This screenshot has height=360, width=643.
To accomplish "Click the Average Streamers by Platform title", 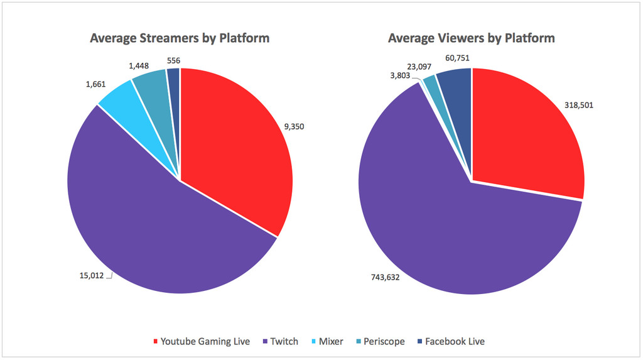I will coord(180,38).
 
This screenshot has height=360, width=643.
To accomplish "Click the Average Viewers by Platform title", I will coord(471,38).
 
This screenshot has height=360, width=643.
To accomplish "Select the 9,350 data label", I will coord(295,126).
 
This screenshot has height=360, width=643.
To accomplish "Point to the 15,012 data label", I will coord(90,274).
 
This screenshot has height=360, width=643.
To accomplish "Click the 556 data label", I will coord(174,61).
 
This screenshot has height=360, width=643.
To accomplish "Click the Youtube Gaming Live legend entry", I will coord(201,342).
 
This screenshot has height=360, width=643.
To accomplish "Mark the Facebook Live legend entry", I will coord(450,342).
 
